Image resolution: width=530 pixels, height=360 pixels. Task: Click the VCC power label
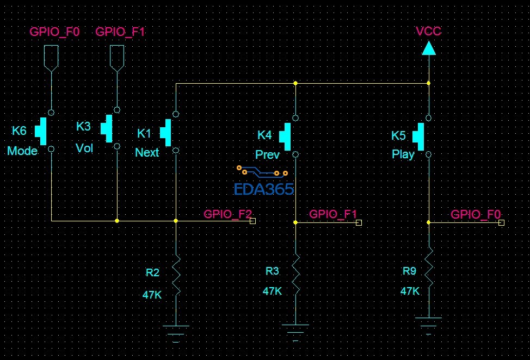[428, 31]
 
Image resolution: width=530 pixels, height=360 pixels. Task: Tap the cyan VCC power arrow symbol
[428, 49]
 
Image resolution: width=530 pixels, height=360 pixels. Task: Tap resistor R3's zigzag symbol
[295, 275]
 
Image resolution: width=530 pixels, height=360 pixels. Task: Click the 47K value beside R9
[410, 291]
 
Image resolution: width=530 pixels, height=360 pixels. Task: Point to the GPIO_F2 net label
[227, 214]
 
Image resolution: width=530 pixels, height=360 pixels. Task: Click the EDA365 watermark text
[264, 189]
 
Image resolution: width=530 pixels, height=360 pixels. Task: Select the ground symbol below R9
[429, 324]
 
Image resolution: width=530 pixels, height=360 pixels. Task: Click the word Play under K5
[403, 154]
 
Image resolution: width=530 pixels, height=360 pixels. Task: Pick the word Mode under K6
[22, 151]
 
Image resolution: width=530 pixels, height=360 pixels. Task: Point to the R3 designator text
[272, 271]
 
